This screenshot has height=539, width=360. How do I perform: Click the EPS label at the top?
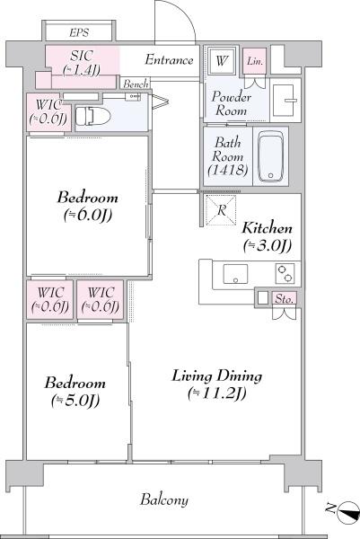point(79,32)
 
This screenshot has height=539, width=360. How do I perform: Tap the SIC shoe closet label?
point(82,62)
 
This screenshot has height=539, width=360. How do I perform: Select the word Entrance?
point(169,60)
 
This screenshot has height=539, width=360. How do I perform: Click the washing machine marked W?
point(222,61)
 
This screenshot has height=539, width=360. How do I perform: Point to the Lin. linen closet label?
point(255,61)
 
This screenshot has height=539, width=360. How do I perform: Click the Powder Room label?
point(232,103)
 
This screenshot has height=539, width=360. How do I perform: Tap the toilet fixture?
point(92,117)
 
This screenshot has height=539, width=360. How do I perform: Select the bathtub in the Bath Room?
point(271,156)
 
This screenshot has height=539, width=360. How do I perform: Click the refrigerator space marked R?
point(221,210)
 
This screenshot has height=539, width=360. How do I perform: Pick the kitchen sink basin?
point(235,274)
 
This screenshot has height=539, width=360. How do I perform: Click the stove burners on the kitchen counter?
point(285,274)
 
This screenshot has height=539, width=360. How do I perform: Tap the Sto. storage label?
point(285,299)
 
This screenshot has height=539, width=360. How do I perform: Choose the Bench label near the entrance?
point(136,84)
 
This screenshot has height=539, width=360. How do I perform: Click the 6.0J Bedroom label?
point(88,206)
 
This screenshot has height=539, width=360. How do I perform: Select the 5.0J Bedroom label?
point(75,392)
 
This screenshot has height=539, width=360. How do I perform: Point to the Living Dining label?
point(217,384)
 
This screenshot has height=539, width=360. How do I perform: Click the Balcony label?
point(164,499)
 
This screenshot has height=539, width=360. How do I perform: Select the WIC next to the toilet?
point(48,111)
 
